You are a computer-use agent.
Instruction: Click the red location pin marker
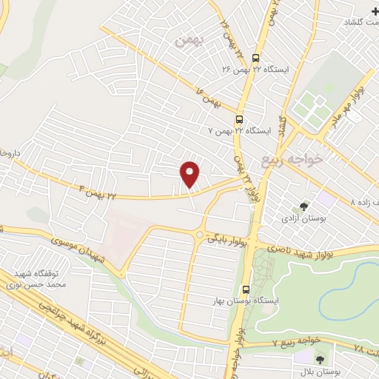190,173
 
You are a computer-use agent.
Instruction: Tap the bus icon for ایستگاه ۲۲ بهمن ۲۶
255,57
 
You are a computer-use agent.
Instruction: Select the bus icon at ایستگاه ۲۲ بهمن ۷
239,118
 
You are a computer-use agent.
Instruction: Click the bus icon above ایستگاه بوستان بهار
246,290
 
